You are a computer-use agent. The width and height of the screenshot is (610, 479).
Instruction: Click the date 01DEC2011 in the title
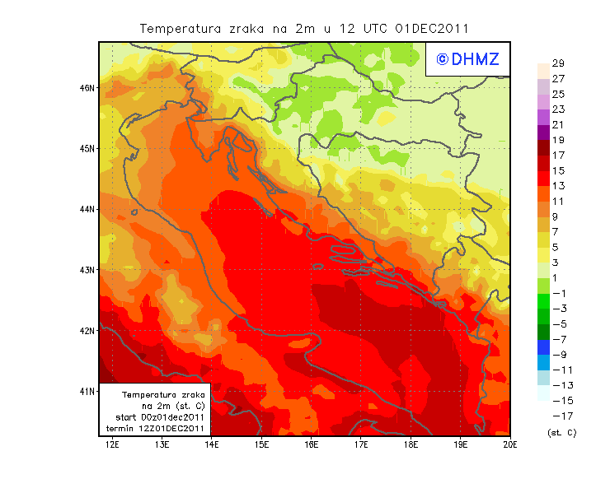coord(432,28)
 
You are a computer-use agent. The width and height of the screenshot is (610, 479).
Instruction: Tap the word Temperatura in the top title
coord(178,28)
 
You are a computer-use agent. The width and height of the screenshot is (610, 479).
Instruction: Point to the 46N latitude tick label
coord(87,87)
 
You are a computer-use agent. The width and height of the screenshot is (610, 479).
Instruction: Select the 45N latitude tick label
coord(87,148)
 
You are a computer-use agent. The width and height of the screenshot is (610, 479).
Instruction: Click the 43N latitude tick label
coord(87,269)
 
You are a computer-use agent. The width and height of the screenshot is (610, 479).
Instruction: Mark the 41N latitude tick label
coord(87,391)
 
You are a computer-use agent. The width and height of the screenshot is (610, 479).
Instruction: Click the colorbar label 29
coord(558,63)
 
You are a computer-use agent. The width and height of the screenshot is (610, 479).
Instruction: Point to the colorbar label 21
coord(558,124)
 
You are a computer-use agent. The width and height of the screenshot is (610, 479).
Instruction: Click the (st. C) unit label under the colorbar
coord(561,432)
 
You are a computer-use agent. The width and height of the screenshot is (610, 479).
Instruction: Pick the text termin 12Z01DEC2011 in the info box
coord(155,428)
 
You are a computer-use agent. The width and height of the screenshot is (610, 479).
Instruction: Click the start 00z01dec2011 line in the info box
coord(159,417)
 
